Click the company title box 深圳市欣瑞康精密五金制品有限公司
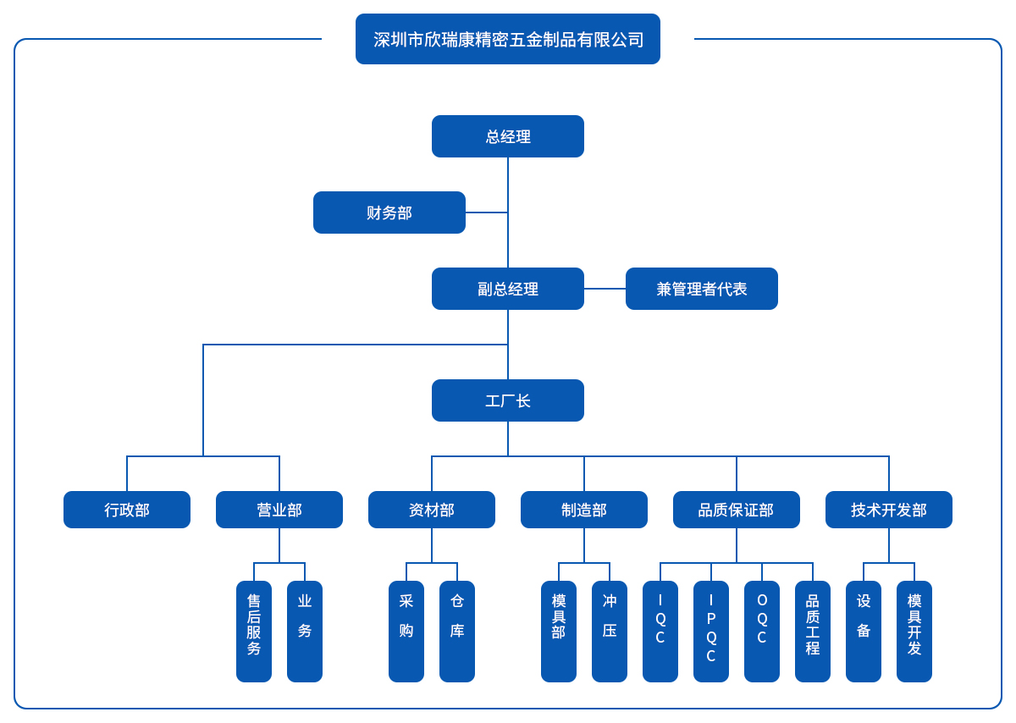pyautogui.click(x=508, y=39)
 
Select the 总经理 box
pyautogui.click(x=508, y=136)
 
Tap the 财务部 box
pyautogui.click(x=389, y=212)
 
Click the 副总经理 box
pyautogui.click(x=508, y=289)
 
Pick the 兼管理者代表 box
pyautogui.click(x=702, y=289)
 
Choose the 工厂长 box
pyautogui.click(x=508, y=400)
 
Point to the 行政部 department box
pyautogui.click(x=127, y=510)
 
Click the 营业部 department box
pyautogui.click(x=279, y=510)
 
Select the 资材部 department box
pyautogui.click(x=432, y=510)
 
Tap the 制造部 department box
pyautogui.click(x=584, y=510)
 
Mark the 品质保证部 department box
pyautogui.click(x=737, y=510)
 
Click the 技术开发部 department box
pyautogui.click(x=889, y=510)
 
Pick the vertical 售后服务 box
pyautogui.click(x=254, y=632)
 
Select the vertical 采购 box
pyautogui.click(x=406, y=632)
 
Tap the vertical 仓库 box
pyautogui.click(x=457, y=632)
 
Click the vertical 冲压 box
pyautogui.click(x=610, y=632)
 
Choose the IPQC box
pyautogui.click(x=711, y=632)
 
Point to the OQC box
pyautogui.click(x=762, y=632)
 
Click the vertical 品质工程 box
pyautogui.click(x=813, y=632)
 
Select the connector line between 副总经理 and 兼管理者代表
pyautogui.click(x=605, y=289)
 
